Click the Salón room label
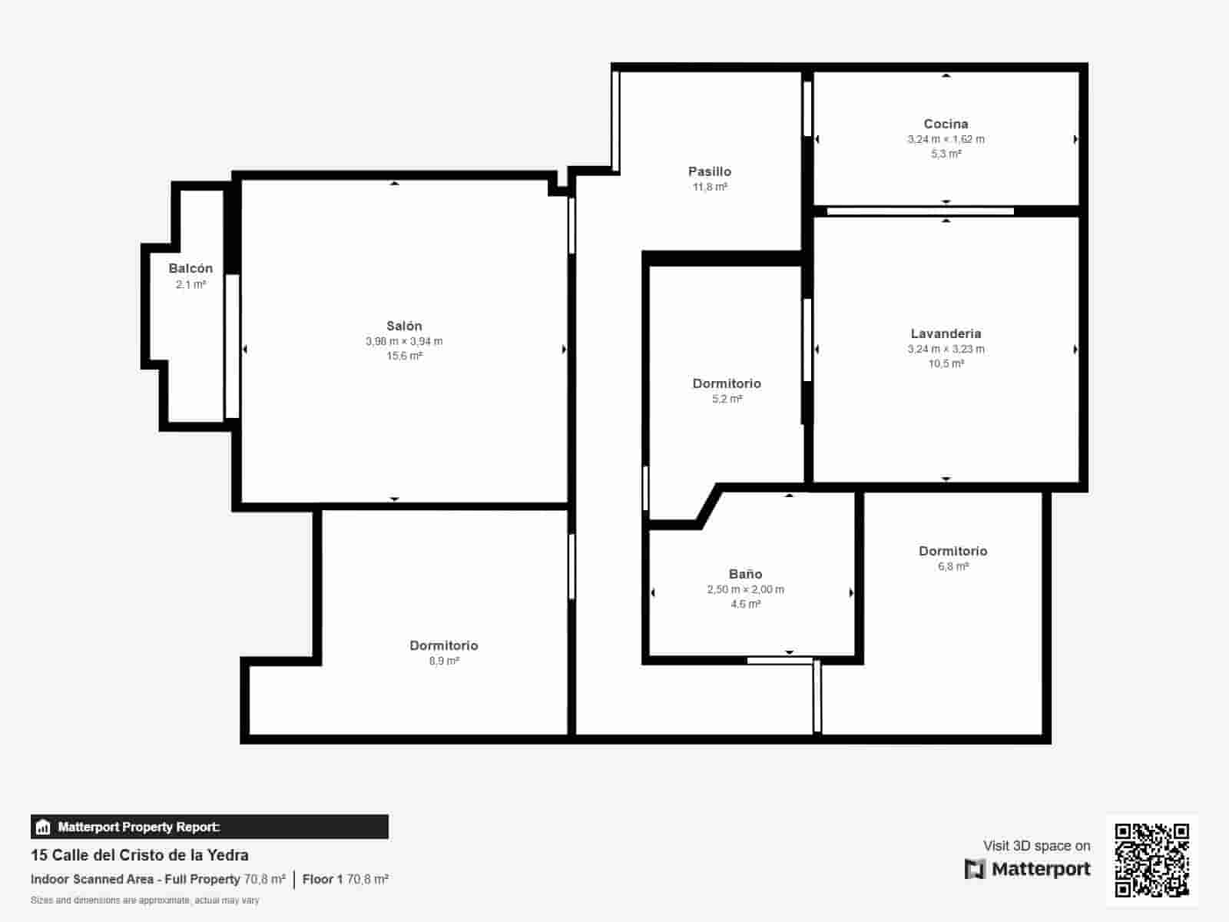[404, 326]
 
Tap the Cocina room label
[946, 124]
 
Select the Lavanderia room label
[946, 333]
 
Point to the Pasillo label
[709, 171]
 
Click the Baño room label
[745, 574]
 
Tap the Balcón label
[190, 268]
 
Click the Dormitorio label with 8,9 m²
[443, 645]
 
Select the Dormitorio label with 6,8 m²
[952, 551]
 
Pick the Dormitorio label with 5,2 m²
[727, 383]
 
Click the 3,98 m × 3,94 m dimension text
[404, 341]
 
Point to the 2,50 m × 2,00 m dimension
[745, 589]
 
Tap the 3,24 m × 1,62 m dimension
[946, 139]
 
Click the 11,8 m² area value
[709, 187]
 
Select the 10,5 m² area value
[946, 363]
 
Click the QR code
[1151, 860]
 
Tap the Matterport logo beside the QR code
[1027, 869]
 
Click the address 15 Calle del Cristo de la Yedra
[140, 855]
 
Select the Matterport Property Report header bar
[209, 827]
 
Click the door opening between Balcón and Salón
[232, 346]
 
